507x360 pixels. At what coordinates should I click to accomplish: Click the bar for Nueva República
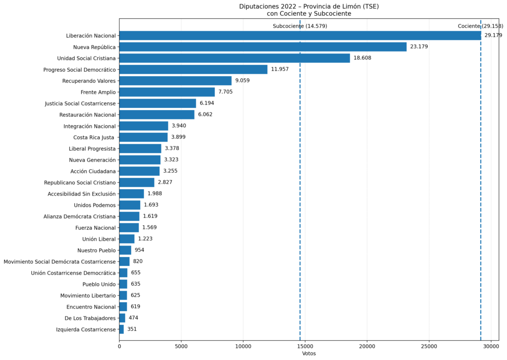(x=262, y=47)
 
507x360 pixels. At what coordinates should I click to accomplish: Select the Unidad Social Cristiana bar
(x=234, y=58)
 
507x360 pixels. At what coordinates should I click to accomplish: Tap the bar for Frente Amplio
(x=167, y=92)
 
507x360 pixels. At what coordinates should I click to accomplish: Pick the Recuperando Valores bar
(x=175, y=81)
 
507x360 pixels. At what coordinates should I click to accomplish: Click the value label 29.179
(x=493, y=35)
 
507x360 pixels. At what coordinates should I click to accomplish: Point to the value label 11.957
(x=280, y=69)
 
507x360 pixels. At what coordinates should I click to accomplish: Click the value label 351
(x=132, y=329)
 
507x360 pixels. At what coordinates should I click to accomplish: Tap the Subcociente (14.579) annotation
(x=300, y=26)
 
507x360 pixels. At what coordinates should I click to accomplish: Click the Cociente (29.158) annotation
(x=480, y=26)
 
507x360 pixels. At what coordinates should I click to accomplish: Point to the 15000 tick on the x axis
(x=305, y=347)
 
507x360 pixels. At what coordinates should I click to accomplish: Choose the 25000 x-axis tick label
(x=429, y=347)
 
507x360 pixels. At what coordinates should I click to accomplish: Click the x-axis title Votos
(x=309, y=354)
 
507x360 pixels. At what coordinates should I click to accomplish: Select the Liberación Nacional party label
(x=91, y=36)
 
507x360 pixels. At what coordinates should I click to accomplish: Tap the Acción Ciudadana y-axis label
(x=93, y=171)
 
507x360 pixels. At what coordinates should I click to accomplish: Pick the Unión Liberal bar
(x=127, y=239)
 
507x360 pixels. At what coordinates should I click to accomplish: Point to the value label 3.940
(x=179, y=126)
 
